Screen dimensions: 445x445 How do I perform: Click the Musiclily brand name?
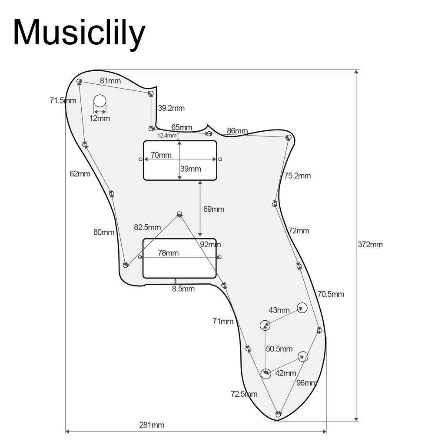[79, 33]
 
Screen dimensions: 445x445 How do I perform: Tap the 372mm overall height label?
[370, 244]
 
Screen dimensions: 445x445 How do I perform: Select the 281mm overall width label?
[152, 425]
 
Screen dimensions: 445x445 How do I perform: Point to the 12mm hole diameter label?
[100, 118]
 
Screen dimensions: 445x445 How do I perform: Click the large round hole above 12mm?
[100, 101]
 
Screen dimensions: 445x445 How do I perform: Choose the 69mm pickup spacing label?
[214, 209]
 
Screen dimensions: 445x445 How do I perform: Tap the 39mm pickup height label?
[191, 169]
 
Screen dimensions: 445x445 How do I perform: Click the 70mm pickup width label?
[161, 155]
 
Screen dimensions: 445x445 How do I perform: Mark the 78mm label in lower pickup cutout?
[168, 253]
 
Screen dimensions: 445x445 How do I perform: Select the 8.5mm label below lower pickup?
[184, 289]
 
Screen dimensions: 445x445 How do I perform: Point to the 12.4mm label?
[167, 136]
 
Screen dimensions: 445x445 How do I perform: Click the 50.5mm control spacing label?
[279, 349]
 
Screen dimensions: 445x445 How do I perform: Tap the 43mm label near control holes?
[279, 310]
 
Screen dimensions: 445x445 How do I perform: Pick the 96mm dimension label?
[307, 383]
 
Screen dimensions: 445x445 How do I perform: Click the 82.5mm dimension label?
[147, 227]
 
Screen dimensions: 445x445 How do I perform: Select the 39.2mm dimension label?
[171, 108]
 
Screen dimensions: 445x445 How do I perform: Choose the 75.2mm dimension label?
[298, 176]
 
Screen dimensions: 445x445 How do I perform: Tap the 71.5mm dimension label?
[63, 101]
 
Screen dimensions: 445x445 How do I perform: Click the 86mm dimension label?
[237, 131]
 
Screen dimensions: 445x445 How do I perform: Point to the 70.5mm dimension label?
[331, 294]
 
